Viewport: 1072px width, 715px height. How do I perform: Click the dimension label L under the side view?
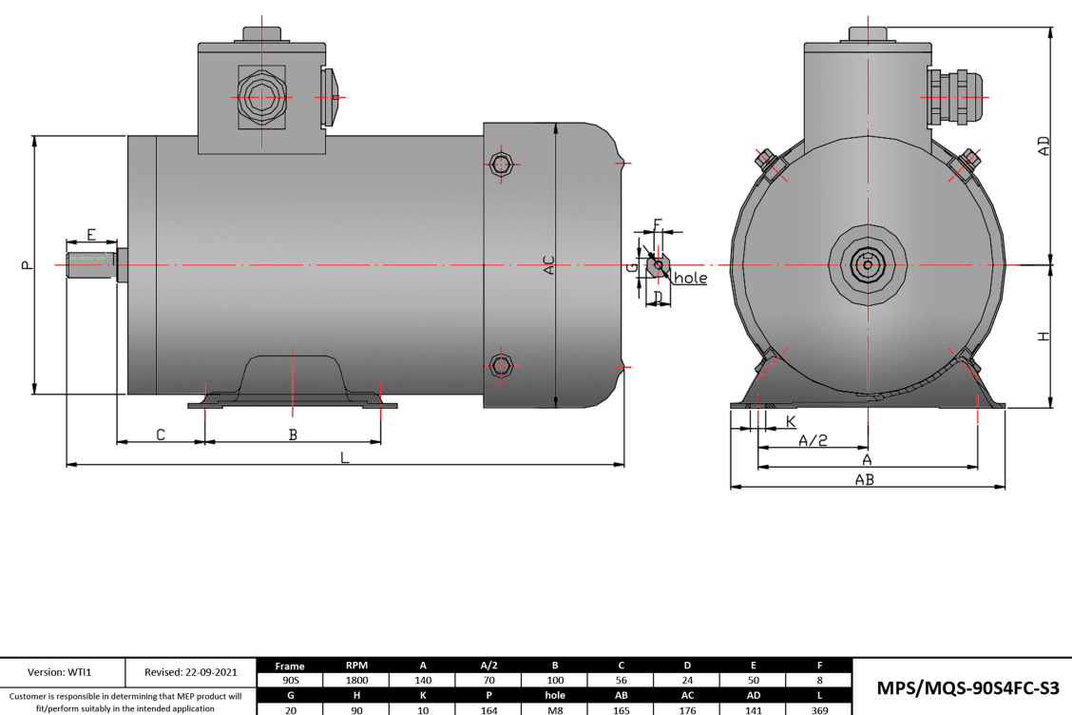(345, 457)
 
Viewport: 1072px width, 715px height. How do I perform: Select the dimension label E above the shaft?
(91, 234)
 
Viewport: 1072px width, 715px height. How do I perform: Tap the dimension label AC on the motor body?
(548, 265)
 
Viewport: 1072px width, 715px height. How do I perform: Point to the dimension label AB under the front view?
(864, 480)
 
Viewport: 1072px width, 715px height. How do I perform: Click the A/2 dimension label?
(813, 440)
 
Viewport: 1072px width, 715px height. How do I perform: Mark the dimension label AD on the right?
(1043, 145)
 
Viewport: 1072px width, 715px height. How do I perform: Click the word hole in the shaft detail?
(690, 279)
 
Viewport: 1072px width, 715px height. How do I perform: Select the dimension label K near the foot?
(791, 421)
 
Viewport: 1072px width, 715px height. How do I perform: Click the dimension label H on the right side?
(1043, 337)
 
